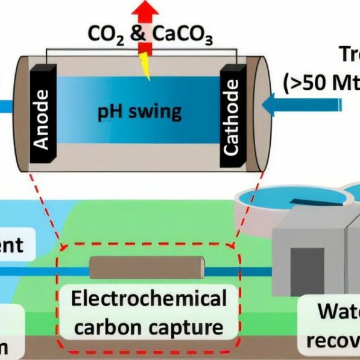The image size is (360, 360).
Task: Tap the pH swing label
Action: point(140,112)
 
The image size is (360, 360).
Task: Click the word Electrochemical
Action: point(148,299)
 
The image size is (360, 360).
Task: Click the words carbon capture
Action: point(148,328)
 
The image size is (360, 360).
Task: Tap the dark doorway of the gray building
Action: point(308,271)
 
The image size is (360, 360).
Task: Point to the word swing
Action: point(158,112)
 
